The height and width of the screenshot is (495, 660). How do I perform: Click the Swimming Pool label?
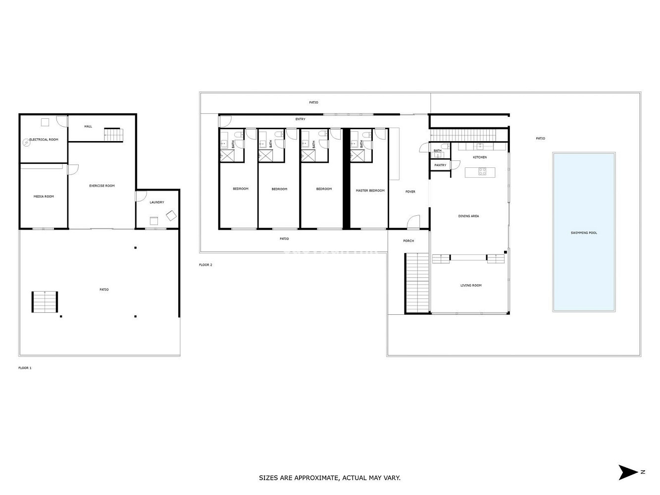pyautogui.click(x=584, y=233)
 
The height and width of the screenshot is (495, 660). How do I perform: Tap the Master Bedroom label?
pyautogui.click(x=370, y=191)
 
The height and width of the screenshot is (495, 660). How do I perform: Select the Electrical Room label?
pyautogui.click(x=44, y=140)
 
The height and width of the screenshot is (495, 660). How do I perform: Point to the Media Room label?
pyautogui.click(x=44, y=197)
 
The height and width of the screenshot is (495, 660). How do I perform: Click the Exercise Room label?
pyautogui.click(x=102, y=186)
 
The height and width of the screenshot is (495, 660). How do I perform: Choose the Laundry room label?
pyautogui.click(x=156, y=202)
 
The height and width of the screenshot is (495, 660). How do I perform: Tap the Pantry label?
pyautogui.click(x=440, y=165)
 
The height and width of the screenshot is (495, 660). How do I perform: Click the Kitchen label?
pyautogui.click(x=480, y=157)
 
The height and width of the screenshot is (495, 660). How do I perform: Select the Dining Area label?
pyautogui.click(x=468, y=216)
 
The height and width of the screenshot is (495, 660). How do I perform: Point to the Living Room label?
pyautogui.click(x=471, y=286)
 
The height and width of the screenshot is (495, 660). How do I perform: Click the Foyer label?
pyautogui.click(x=410, y=192)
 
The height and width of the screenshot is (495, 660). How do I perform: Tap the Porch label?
pyautogui.click(x=408, y=241)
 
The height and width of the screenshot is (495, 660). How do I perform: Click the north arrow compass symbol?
pyautogui.click(x=629, y=472)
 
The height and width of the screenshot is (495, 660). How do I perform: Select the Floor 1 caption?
pyautogui.click(x=25, y=368)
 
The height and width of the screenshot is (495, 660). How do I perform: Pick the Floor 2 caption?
pyautogui.click(x=205, y=265)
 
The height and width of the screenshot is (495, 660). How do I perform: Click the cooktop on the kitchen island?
pyautogui.click(x=482, y=172)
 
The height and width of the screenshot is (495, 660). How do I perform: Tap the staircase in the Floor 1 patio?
pyautogui.click(x=45, y=302)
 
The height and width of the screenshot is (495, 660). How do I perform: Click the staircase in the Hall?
pyautogui.click(x=113, y=134)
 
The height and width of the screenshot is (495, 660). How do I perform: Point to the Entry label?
pyautogui.click(x=300, y=119)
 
